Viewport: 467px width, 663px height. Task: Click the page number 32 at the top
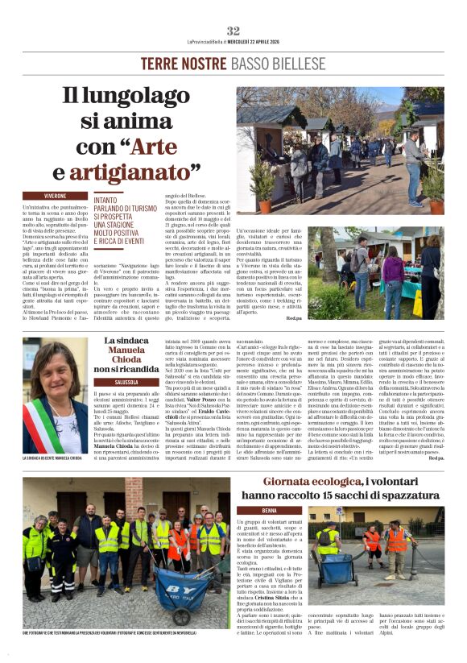point(233,31)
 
